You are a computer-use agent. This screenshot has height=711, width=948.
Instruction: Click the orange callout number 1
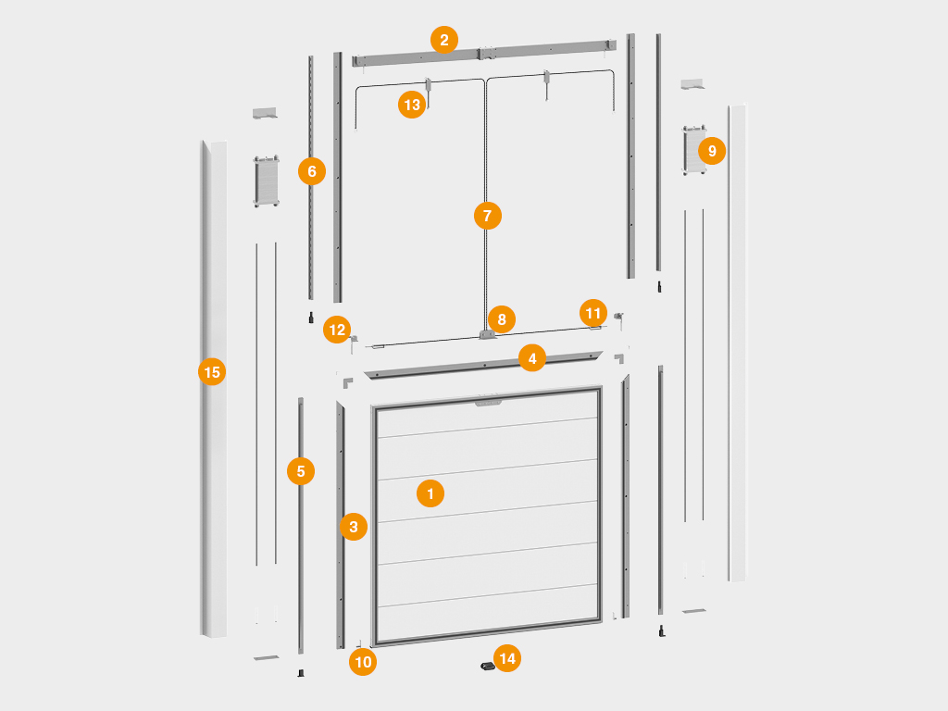(430, 493)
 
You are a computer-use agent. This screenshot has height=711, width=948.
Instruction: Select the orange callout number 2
(444, 40)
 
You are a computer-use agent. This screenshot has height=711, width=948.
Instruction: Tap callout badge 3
(354, 527)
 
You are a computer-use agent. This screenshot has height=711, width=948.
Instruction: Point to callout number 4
(532, 358)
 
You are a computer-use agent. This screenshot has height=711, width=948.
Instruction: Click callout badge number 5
(301, 471)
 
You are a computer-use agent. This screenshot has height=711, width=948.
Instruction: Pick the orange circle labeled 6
(312, 171)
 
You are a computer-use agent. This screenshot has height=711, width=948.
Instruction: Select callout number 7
(488, 216)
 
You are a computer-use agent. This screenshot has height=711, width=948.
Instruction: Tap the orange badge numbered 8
(502, 319)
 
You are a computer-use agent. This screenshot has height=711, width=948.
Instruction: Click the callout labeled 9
(712, 151)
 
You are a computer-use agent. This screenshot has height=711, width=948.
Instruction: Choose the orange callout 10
(363, 661)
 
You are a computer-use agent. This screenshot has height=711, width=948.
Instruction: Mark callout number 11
(593, 313)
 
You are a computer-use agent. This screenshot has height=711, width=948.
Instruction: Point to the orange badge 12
(337, 330)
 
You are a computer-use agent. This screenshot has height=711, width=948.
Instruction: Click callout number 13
(412, 105)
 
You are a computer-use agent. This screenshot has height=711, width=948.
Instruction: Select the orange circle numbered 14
(507, 658)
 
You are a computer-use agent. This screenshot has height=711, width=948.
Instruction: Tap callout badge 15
(212, 372)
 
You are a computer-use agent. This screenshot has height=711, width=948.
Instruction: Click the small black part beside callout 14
(487, 666)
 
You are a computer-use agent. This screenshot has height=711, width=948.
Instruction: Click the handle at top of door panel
(488, 401)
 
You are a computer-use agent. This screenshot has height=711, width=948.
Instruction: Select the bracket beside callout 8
(487, 333)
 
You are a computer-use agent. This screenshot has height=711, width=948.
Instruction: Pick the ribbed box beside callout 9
(694, 150)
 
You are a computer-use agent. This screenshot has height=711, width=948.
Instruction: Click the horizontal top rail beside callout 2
(484, 53)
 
